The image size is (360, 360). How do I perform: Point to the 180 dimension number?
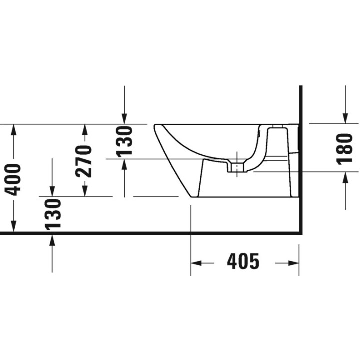pyautogui.click(x=344, y=148)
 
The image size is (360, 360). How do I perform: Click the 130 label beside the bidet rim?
pyautogui.click(x=124, y=142)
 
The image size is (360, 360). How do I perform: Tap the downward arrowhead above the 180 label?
pyautogui.click(x=345, y=117)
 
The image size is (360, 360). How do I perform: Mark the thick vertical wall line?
pyautogui.click(x=301, y=160)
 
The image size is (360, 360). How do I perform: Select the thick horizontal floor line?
pyautogui.click(x=150, y=233)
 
